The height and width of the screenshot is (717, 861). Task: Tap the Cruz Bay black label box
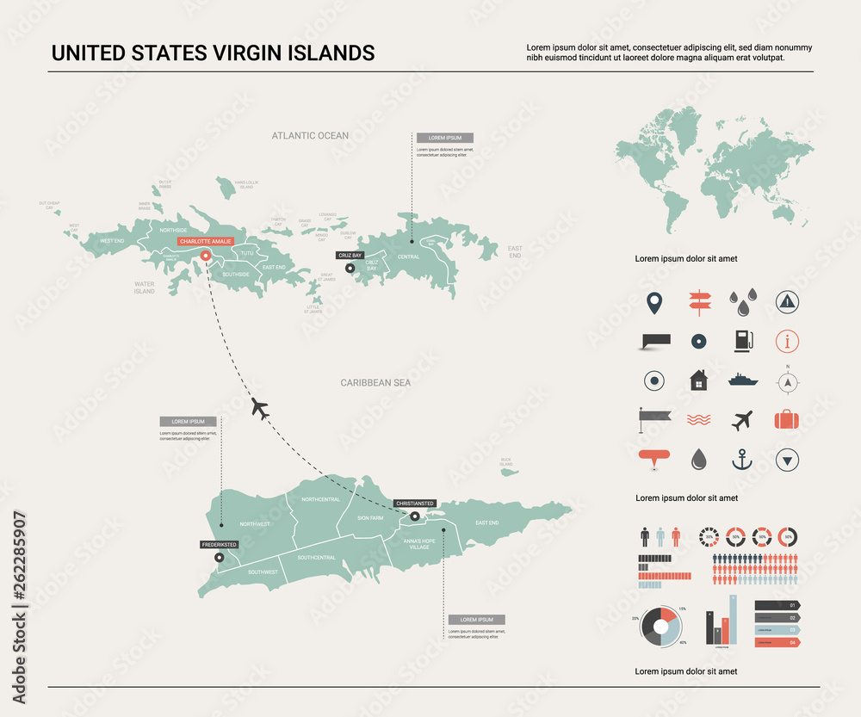click(x=350, y=256)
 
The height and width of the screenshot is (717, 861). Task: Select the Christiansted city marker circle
click(x=415, y=516)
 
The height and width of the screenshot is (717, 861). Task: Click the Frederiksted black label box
click(x=219, y=545)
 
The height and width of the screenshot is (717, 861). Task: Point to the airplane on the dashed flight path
click(x=260, y=407)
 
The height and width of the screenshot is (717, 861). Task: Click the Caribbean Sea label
click(x=375, y=382)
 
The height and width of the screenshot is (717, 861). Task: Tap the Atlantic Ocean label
click(x=310, y=136)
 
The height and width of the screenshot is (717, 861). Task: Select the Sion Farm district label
click(x=370, y=518)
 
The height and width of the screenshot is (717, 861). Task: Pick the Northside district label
click(x=173, y=230)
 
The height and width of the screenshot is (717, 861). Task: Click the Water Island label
click(x=144, y=287)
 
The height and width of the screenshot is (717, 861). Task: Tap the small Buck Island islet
click(x=508, y=472)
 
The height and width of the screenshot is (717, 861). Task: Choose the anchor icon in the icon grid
click(x=741, y=460)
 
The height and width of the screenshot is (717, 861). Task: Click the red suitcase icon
click(x=786, y=420)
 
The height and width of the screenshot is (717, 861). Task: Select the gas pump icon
click(x=741, y=341)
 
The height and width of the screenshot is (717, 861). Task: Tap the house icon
click(x=698, y=380)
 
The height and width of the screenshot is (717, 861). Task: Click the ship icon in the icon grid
click(x=742, y=380)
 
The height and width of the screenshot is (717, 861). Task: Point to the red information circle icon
click(x=787, y=341)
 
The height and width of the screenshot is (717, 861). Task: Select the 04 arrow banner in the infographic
click(x=777, y=642)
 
